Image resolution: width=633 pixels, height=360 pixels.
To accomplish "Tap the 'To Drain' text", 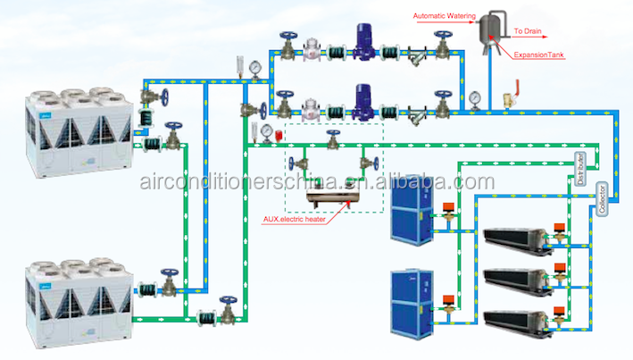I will [528, 30].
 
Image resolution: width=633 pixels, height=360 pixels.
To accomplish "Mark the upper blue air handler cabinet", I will [412, 212].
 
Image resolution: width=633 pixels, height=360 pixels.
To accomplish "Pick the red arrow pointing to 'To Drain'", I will [505, 30].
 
